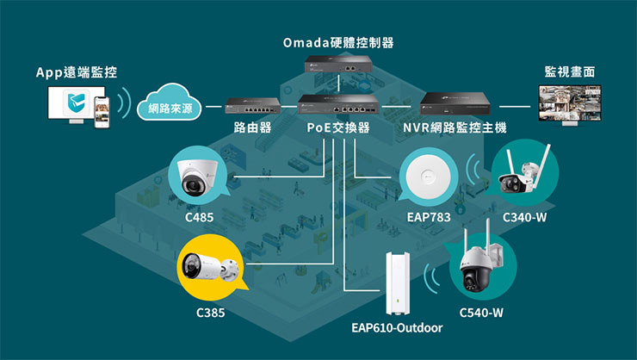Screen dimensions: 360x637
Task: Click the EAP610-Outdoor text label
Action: coord(397,328)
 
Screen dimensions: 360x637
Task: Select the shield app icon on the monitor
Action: coord(74,106)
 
